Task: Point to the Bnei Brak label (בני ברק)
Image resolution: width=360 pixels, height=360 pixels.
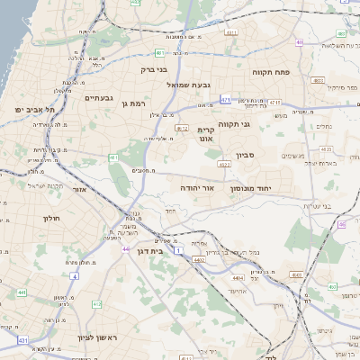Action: pyautogui.click(x=155, y=68)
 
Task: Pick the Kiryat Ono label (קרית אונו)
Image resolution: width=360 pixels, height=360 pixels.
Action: pyautogui.click(x=206, y=134)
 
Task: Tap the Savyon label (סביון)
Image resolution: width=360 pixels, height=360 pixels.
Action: pyautogui.click(x=246, y=155)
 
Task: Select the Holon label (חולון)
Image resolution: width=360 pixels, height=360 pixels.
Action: pyautogui.click(x=51, y=218)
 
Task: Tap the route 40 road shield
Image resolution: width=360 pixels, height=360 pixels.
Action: pyautogui.click(x=300, y=41)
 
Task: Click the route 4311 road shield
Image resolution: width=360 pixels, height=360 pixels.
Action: pyautogui.click(x=231, y=32)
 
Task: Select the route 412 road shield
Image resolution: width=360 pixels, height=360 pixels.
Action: pyautogui.click(x=96, y=305)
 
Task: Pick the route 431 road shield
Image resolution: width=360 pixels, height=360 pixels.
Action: pyautogui.click(x=22, y=340)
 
